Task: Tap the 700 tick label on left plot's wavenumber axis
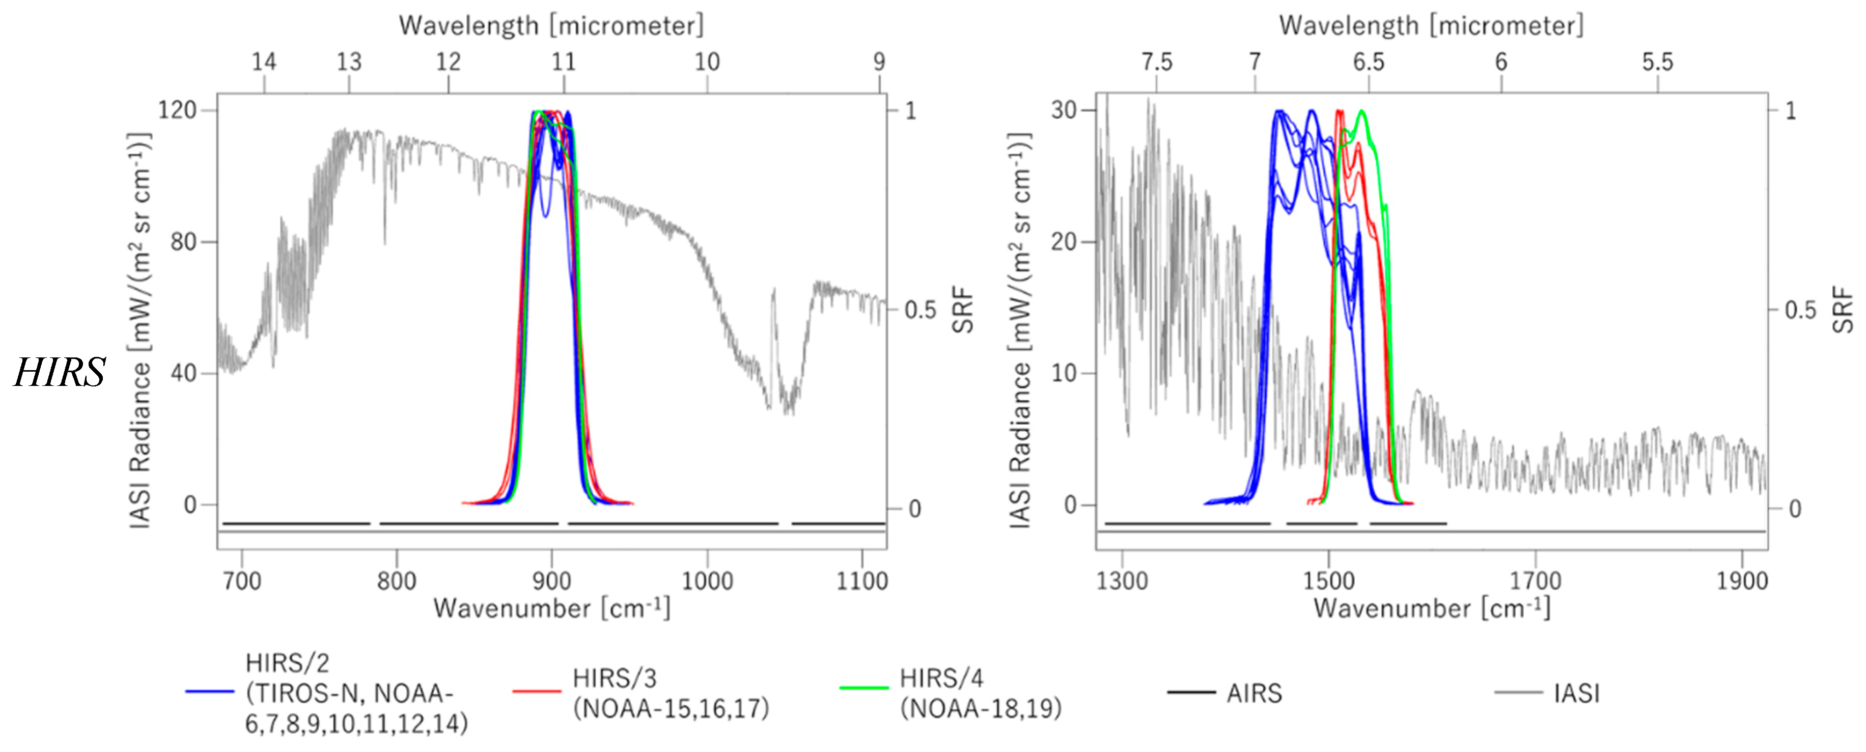pos(241,581)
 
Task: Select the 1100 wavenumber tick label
pos(861,581)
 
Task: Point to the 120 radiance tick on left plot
pos(178,110)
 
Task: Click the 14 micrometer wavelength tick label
pos(264,62)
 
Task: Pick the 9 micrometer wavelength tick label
pos(879,62)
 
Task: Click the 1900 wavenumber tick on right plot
pos(1741,581)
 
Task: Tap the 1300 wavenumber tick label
pos(1121,581)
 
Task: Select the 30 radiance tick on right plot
pos(1064,110)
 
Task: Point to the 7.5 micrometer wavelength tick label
pos(1156,62)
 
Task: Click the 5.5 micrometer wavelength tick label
pos(1657,62)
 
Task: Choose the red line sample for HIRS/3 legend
pos(537,692)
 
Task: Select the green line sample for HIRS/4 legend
pos(864,687)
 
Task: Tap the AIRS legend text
pos(1254,693)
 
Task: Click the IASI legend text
pos(1576,693)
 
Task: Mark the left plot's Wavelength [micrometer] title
pos(550,26)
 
